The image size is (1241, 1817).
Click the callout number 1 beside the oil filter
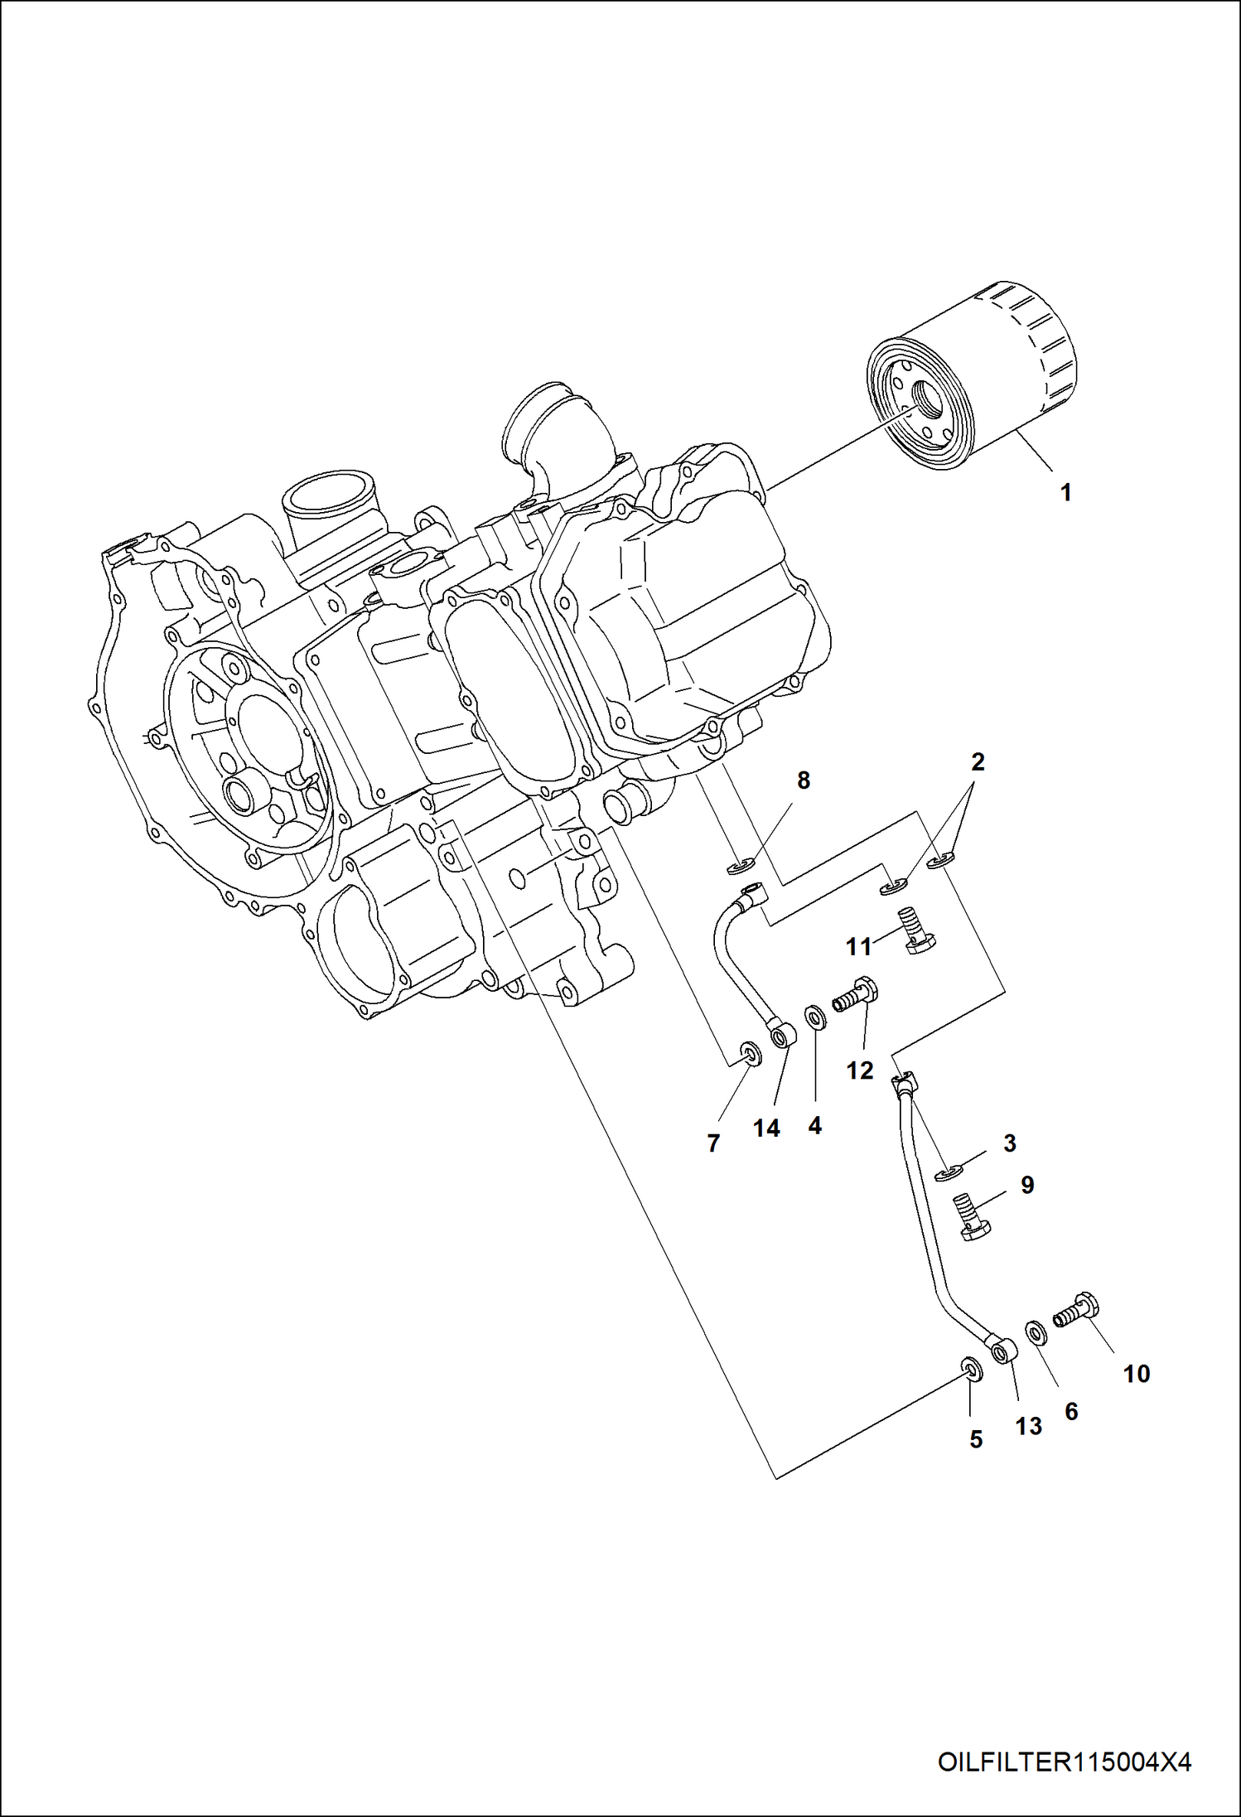click(x=1065, y=492)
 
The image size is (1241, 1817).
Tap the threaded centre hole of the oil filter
click(x=926, y=405)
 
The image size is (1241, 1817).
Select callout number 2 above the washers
click(x=978, y=761)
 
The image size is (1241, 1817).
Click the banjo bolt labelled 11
click(x=915, y=934)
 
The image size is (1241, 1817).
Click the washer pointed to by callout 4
click(x=814, y=1016)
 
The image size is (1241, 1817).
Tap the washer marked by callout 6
click(x=1036, y=1333)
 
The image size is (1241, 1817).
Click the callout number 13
click(x=1028, y=1426)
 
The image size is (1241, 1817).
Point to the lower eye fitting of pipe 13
click(x=1002, y=1352)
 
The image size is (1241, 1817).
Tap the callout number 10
click(x=1136, y=1374)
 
